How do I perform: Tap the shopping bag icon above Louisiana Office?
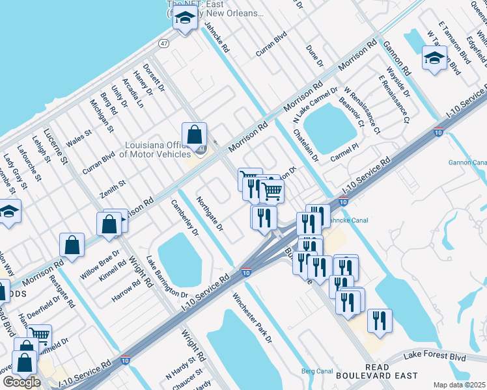(194, 135)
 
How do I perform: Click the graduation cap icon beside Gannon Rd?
(434, 57)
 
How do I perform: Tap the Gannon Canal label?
(467, 162)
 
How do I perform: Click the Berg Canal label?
(317, 371)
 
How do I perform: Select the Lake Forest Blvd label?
(435, 356)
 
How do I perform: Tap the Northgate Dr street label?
(210, 214)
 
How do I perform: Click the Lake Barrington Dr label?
(167, 276)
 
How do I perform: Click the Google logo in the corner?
(21, 382)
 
